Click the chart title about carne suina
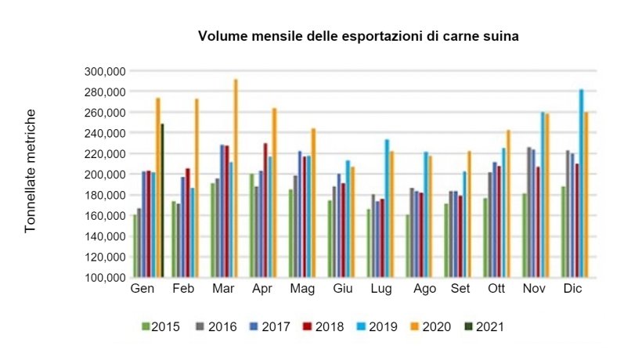click(x=359, y=36)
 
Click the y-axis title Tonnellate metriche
click(x=31, y=171)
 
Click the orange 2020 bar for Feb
click(x=197, y=188)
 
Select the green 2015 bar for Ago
click(x=408, y=246)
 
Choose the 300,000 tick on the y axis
click(x=104, y=71)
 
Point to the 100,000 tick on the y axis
click(x=104, y=277)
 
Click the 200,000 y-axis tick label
click(x=104, y=175)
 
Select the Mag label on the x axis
click(x=302, y=290)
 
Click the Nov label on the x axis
click(x=534, y=290)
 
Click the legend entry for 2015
click(x=160, y=326)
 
